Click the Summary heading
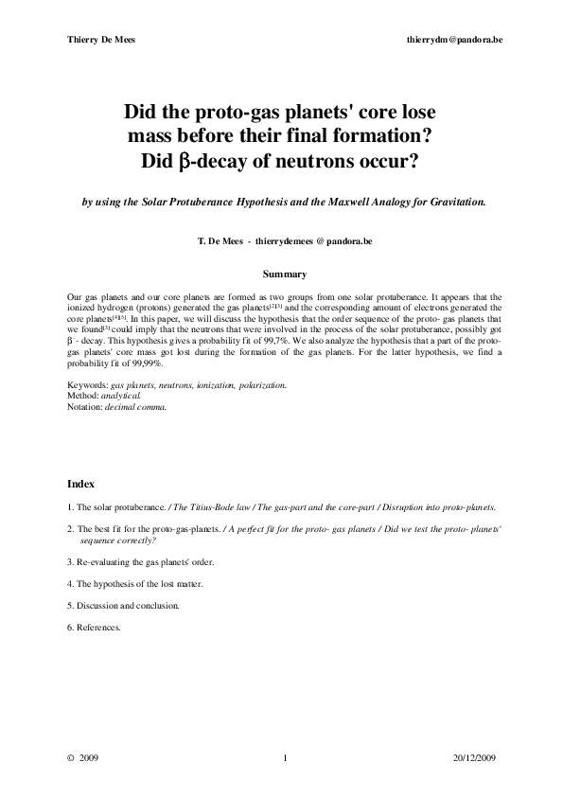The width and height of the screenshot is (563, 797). [283, 275]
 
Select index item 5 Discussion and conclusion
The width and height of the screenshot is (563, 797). [123, 605]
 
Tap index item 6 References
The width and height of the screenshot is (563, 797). [95, 626]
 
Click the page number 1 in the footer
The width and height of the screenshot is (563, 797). [284, 758]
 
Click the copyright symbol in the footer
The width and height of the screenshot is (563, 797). [70, 758]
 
